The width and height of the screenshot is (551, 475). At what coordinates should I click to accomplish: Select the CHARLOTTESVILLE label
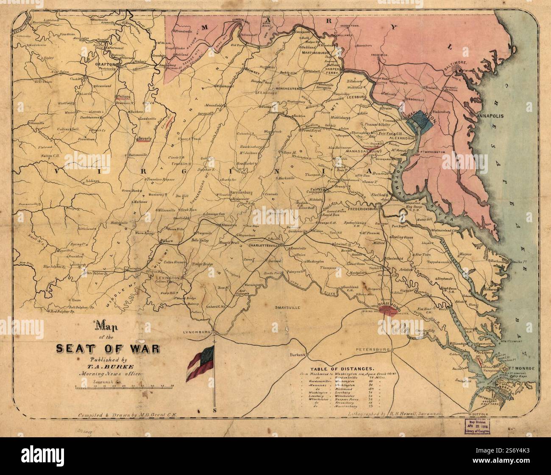point(265,246)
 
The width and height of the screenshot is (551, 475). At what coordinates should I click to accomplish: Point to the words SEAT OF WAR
point(108,349)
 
